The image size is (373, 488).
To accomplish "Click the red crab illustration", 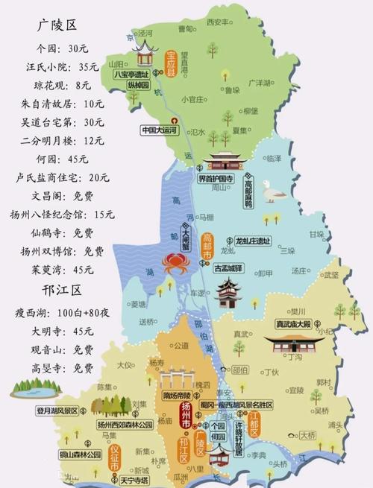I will click(x=172, y=262).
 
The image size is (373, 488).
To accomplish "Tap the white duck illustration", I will click(x=274, y=194).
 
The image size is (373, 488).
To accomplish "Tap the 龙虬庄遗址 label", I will click(x=252, y=241).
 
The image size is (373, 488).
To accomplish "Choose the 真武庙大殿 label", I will click(x=292, y=324).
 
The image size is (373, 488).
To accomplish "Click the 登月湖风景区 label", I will click(x=35, y=409).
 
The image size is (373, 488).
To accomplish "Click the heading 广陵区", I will click(x=57, y=25).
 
